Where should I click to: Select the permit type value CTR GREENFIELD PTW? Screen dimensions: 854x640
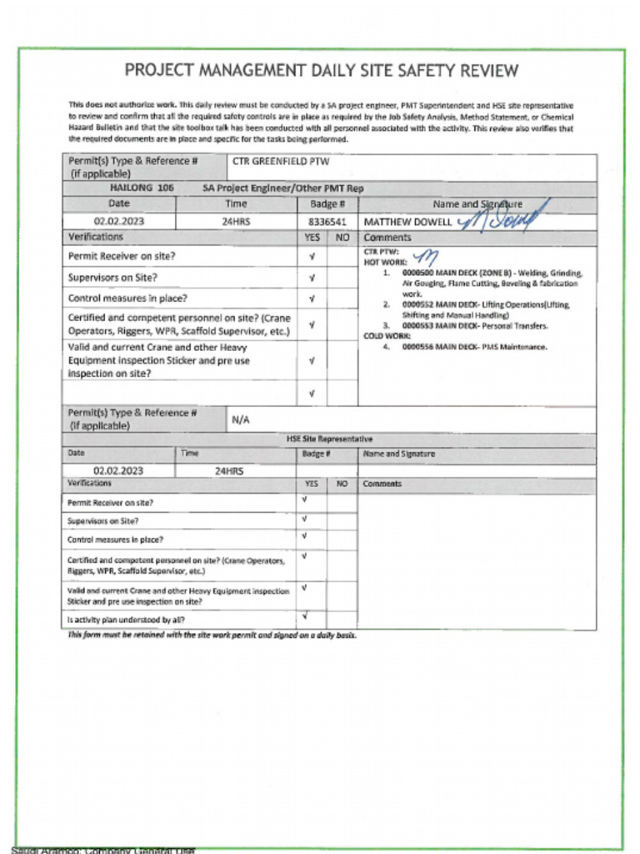280,162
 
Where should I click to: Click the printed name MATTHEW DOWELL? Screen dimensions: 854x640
407,223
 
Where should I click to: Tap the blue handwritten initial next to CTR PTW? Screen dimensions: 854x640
425,257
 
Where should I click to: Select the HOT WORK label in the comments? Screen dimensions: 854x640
385,262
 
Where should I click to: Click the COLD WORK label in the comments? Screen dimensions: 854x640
387,336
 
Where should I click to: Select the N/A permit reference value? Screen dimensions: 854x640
240,420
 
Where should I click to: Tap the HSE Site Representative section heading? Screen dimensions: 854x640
330,440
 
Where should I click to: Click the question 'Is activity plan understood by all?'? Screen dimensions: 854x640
126,620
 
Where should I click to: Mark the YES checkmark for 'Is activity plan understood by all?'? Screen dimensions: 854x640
305,617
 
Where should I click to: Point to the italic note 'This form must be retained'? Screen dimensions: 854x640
212,635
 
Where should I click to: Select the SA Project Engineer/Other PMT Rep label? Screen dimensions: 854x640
282,188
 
